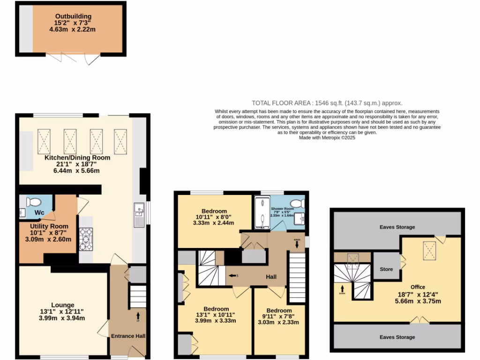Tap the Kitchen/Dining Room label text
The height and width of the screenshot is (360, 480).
coord(77,157)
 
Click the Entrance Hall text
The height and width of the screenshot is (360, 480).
coord(128,336)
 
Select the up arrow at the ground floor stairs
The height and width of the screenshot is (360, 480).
coord(138,315)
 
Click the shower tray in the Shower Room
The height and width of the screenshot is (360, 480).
coord(260,213)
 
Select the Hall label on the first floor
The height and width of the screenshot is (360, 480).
coord(271,277)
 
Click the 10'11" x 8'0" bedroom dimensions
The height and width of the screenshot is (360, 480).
coord(214,217)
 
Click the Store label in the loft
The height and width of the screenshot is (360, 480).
coord(386,270)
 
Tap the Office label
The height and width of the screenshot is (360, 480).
coord(418,287)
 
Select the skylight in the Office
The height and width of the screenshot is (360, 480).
coord(428,247)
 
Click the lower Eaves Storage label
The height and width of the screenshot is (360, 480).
coord(397,337)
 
